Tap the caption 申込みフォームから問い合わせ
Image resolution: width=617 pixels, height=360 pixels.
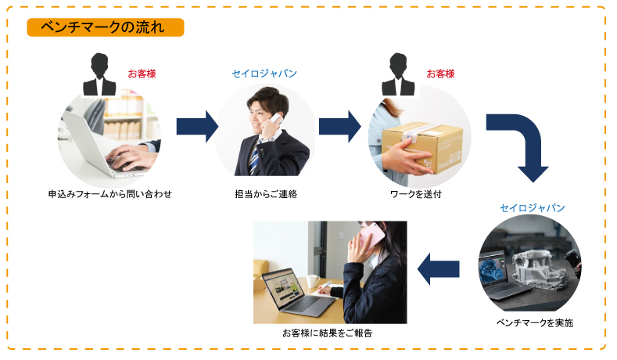[x=110, y=194]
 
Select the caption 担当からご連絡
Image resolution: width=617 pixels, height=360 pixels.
[x=266, y=194]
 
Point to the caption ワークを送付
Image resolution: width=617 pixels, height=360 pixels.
[x=416, y=194]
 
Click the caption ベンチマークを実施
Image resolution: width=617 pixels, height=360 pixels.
[x=535, y=323]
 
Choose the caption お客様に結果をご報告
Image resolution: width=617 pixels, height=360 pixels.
[x=328, y=333]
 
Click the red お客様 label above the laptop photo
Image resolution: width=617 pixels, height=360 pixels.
[x=142, y=74]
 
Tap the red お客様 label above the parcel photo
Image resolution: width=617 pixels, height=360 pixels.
[x=441, y=74]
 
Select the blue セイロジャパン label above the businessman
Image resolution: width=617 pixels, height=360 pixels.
[x=264, y=74]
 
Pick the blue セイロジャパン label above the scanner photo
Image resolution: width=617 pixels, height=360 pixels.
[x=533, y=208]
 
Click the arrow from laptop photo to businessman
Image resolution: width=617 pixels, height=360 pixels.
[x=197, y=127]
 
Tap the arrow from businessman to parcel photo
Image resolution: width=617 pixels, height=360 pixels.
[x=340, y=127]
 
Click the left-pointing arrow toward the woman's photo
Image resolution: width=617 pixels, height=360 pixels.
[x=438, y=269]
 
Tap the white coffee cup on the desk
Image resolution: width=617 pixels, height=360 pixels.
[x=313, y=281]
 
